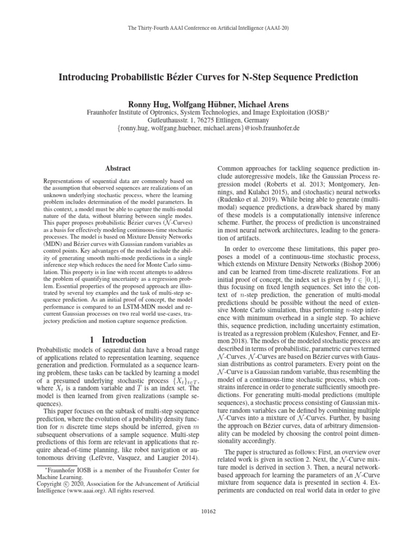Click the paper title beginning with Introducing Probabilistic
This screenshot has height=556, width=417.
208,77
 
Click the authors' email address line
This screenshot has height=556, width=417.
208,130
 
